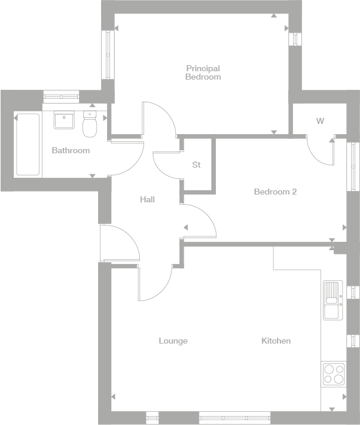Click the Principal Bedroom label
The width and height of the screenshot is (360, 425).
(203, 72)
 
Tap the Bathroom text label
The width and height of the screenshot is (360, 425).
(71, 150)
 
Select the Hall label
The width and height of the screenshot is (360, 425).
(147, 199)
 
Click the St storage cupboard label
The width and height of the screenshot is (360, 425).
(196, 165)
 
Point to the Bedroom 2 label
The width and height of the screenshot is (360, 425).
(275, 192)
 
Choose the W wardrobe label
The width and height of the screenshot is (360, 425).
(320, 122)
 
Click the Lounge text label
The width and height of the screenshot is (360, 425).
(173, 341)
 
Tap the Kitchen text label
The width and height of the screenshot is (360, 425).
(276, 341)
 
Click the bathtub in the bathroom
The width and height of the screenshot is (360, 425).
(28, 144)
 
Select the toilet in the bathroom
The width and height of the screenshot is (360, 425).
(90, 124)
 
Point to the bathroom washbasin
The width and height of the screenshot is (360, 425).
(63, 120)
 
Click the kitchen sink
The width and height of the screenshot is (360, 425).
(331, 300)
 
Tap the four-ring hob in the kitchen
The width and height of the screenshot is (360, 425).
(333, 374)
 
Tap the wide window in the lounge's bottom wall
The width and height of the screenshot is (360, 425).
(234, 417)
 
